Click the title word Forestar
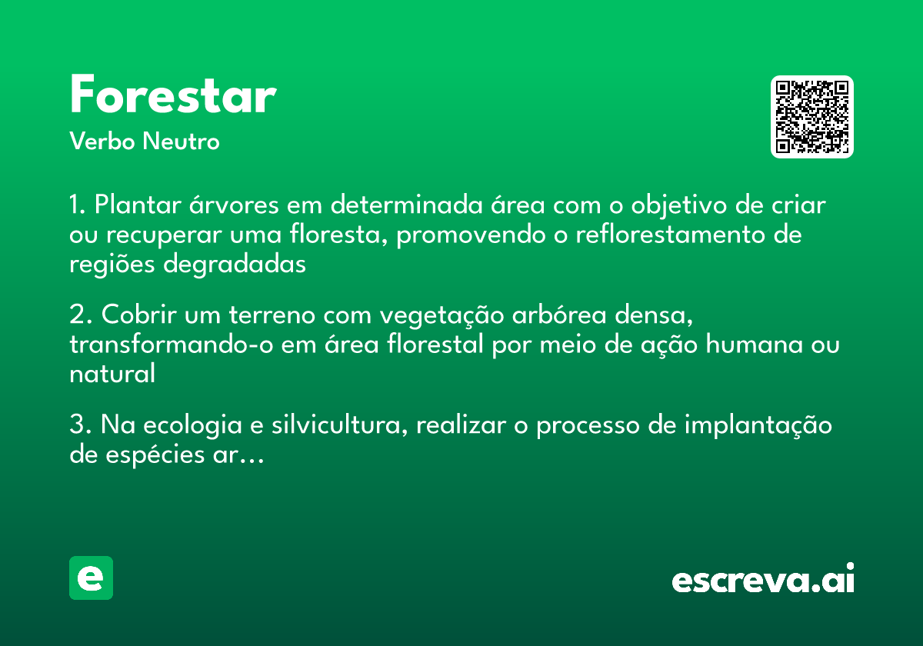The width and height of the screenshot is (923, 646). point(172,97)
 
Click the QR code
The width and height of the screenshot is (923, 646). point(811,117)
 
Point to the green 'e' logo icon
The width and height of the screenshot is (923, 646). point(91,578)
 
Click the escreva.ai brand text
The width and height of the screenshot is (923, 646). point(763,580)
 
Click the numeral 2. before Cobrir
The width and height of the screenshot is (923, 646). point(80,315)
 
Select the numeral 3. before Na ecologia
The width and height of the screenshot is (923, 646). point(80,425)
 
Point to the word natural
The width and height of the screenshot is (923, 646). point(112,374)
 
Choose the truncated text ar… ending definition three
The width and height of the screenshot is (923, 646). point(245,455)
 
